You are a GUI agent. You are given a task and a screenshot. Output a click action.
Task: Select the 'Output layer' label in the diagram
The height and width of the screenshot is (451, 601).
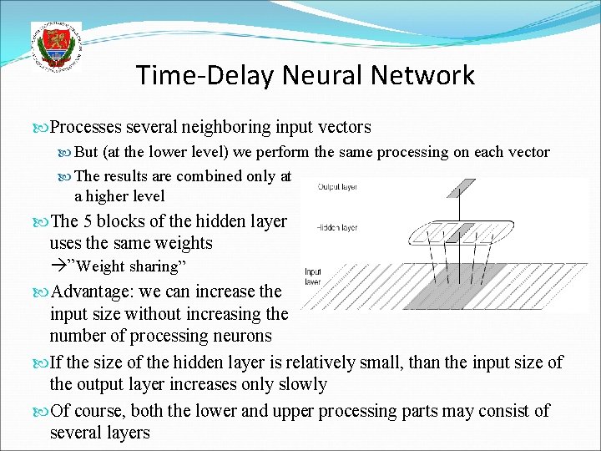(338, 187)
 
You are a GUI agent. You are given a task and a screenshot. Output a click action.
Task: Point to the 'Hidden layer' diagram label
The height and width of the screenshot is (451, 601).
(338, 228)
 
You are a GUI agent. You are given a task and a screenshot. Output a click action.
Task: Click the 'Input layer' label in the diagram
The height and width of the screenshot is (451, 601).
(313, 276)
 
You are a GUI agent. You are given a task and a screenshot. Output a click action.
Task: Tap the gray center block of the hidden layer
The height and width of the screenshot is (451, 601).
(453, 231)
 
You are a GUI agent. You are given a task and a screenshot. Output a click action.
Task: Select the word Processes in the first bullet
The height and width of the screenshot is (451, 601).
(88, 127)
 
